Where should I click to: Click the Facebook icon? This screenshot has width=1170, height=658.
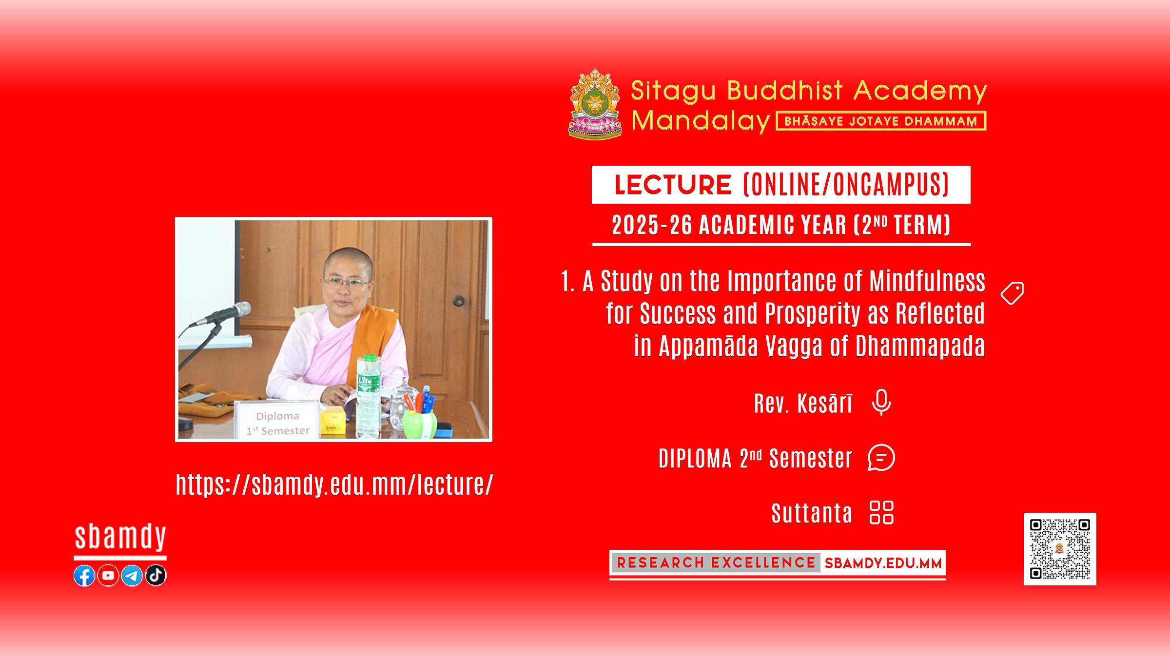pyautogui.click(x=84, y=576)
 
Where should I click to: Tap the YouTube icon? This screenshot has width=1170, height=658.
pyautogui.click(x=108, y=576)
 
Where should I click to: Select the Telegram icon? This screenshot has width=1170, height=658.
pyautogui.click(x=132, y=576)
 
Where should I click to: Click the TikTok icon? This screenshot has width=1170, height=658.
pyautogui.click(x=156, y=575)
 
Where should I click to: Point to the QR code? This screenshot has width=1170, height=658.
pyautogui.click(x=1060, y=549)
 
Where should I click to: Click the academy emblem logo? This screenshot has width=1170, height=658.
pyautogui.click(x=595, y=104)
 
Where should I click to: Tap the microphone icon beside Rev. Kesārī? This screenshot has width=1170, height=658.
pyautogui.click(x=881, y=403)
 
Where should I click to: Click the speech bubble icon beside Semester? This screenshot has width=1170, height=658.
pyautogui.click(x=881, y=458)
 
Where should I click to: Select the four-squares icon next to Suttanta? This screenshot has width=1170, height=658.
pyautogui.click(x=881, y=513)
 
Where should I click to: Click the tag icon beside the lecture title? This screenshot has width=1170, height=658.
pyautogui.click(x=1012, y=293)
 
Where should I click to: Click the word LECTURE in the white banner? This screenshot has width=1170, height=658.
pyautogui.click(x=673, y=185)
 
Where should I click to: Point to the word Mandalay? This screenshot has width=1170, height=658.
pyautogui.click(x=701, y=121)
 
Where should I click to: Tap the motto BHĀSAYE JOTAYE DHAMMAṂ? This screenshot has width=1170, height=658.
pyautogui.click(x=881, y=121)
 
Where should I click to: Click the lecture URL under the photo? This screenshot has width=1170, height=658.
pyautogui.click(x=334, y=484)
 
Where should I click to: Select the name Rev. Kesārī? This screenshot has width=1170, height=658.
pyautogui.click(x=803, y=403)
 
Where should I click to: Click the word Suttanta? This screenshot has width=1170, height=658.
pyautogui.click(x=812, y=513)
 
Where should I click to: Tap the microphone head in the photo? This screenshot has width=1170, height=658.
pyautogui.click(x=237, y=311)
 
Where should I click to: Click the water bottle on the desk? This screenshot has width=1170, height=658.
pyautogui.click(x=368, y=395)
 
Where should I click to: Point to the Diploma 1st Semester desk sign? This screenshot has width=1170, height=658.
pyautogui.click(x=277, y=420)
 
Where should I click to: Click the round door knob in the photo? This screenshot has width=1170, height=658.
pyautogui.click(x=458, y=300)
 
